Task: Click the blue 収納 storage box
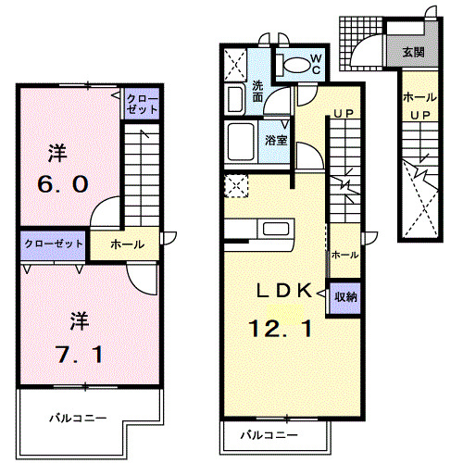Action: (346, 296)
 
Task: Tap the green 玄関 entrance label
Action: (413, 51)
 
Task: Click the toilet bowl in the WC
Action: (295, 65)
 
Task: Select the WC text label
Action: (315, 64)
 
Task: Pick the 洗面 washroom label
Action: (257, 93)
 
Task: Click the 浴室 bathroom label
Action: (275, 141)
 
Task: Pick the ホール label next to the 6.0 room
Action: (127, 244)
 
